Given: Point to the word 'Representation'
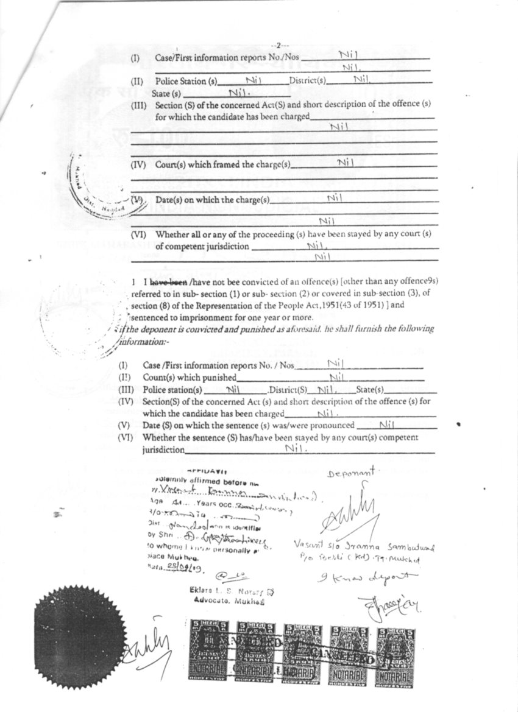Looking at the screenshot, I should click(x=239, y=305).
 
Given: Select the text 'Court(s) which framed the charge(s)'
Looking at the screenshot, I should click(x=223, y=164).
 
